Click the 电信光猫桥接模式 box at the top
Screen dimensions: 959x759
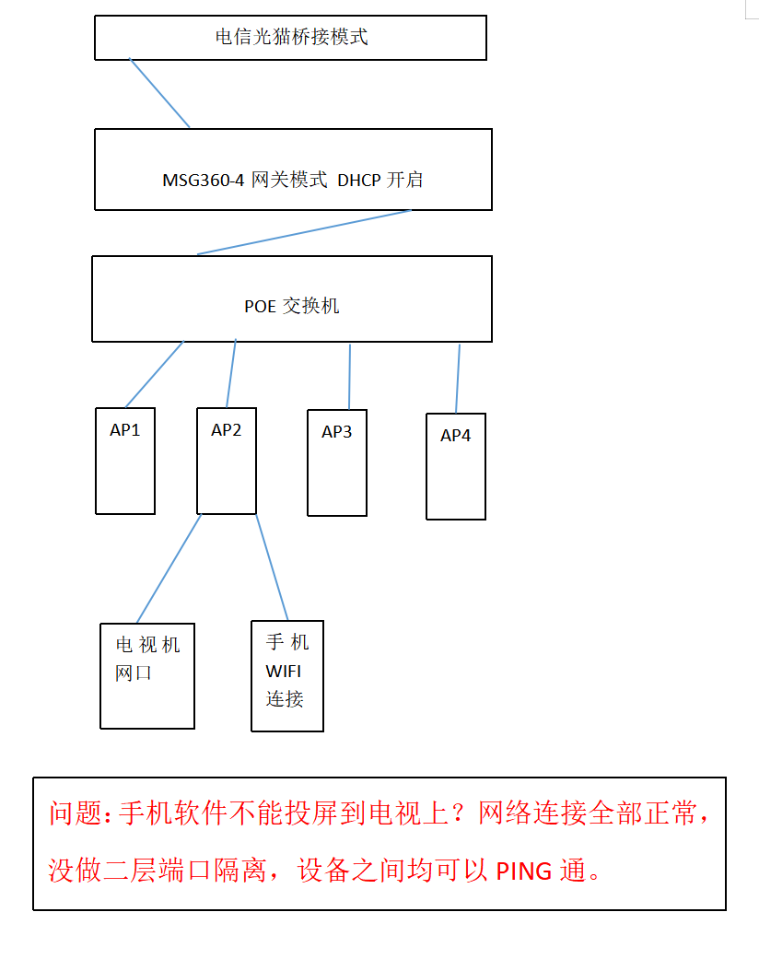290,38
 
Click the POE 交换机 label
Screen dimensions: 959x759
291,307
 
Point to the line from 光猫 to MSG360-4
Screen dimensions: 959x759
160,94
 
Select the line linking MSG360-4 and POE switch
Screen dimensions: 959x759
304,232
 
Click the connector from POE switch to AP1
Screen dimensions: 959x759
155,374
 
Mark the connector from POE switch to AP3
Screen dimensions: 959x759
350,377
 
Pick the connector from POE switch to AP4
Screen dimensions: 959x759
458,379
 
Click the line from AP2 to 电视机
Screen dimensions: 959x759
169,567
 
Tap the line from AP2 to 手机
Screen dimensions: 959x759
273,567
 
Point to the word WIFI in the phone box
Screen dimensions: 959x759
284,671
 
